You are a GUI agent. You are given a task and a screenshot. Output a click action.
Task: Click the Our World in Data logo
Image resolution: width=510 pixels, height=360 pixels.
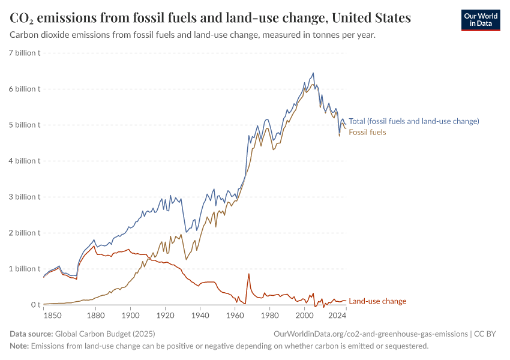coord(481,20)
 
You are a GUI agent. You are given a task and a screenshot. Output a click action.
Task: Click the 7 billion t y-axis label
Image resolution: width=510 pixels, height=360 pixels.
coord(25,53)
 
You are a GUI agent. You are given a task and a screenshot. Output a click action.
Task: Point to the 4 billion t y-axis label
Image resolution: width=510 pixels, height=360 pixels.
coord(25,161)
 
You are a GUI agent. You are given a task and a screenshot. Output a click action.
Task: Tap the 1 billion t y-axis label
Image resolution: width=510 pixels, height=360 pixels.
coord(25,269)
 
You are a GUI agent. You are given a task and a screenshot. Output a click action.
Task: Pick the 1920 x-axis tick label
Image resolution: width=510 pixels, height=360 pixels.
coord(165,315)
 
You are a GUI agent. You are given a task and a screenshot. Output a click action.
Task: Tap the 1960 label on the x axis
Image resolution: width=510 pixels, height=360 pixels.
coord(235,315)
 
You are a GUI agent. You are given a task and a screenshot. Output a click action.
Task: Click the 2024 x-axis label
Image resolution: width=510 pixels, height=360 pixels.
coord(338,315)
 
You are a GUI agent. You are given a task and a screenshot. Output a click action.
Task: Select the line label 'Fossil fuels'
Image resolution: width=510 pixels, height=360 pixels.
coord(367,132)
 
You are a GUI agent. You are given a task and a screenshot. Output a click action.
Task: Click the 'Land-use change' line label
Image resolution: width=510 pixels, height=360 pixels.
coord(377,301)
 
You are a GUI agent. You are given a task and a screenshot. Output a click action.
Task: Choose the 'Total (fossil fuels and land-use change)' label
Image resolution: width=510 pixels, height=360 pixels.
coord(414,121)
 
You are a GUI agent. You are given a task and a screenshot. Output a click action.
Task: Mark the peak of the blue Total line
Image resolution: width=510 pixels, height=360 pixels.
coord(313,73)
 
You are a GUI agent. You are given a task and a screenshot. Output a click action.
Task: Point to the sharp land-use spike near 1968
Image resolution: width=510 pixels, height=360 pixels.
coord(248,274)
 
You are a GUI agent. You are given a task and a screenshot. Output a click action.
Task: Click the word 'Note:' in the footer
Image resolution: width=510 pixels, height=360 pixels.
coord(19,346)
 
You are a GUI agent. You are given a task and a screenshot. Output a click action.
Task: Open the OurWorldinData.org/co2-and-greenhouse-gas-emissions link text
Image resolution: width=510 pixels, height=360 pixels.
coord(370,334)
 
